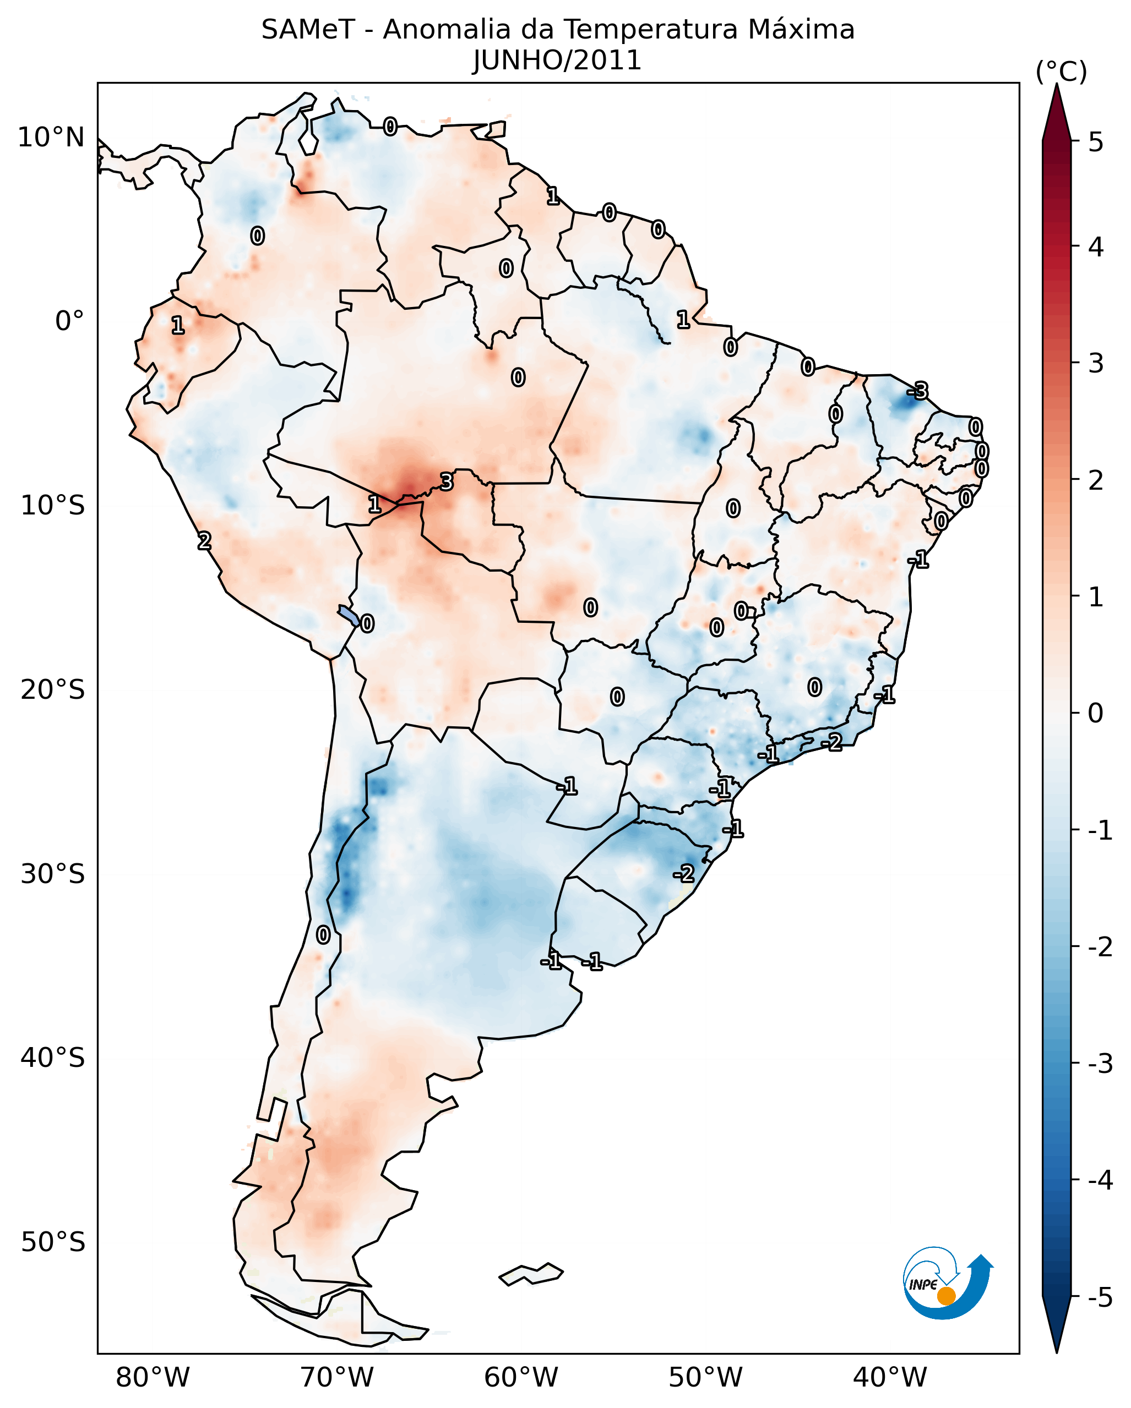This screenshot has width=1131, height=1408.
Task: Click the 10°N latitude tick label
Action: pos(51,138)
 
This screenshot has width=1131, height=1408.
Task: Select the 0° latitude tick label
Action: pos(69,321)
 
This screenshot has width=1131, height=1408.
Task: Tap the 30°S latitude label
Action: pos(52,874)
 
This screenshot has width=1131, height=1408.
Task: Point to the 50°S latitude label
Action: pos(52,1242)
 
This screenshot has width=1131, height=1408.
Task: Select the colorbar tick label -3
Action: pos(1100,1064)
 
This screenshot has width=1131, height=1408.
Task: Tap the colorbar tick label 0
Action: pos(1096,713)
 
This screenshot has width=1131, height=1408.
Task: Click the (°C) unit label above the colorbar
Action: pos(1061,72)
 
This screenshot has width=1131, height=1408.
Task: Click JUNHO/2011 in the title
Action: pos(557,61)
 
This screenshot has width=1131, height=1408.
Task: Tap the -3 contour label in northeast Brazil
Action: pos(917,391)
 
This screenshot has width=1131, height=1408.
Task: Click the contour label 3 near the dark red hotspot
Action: pos(446,482)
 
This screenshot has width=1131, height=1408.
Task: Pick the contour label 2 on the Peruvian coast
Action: pos(204,541)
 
